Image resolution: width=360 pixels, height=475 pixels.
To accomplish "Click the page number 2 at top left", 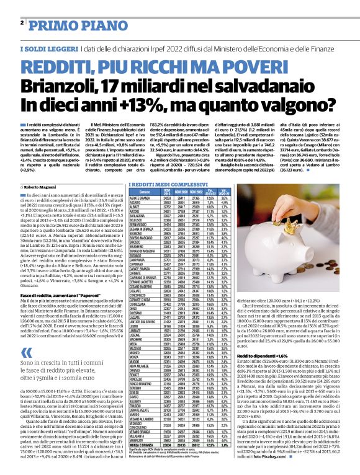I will pos(22,22).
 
